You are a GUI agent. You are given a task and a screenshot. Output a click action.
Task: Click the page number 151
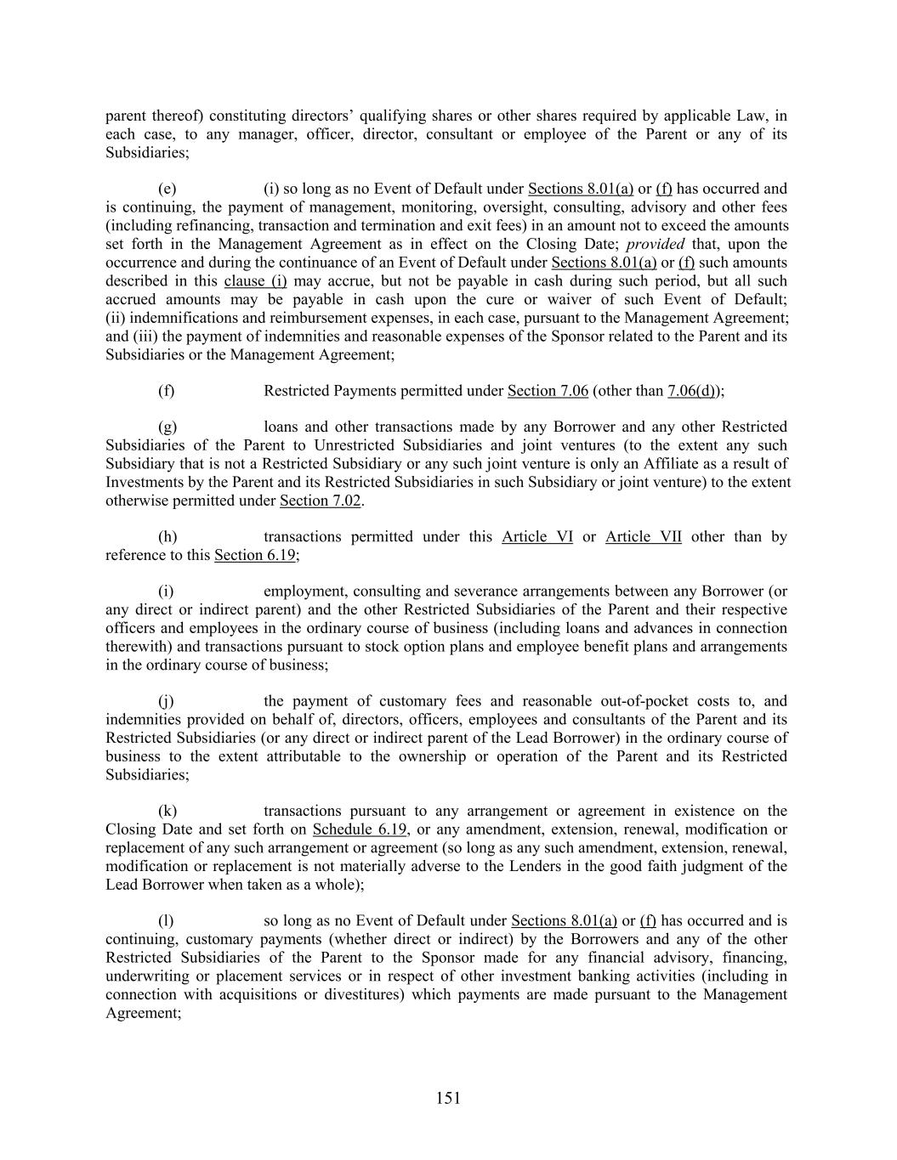point(448,1098)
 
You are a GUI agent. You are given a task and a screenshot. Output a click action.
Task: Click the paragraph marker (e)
point(167,189)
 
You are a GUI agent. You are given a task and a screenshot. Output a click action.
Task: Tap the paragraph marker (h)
point(167,536)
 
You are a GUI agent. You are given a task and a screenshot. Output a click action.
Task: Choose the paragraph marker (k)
point(167,811)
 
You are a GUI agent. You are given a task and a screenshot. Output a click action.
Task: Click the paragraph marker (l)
point(166,920)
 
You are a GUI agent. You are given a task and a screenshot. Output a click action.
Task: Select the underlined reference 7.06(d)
point(693,391)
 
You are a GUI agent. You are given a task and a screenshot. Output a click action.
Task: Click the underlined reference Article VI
point(537,536)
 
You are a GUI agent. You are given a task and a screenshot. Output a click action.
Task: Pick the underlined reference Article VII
point(643,536)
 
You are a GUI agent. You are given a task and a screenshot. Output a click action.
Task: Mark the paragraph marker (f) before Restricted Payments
point(166,391)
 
